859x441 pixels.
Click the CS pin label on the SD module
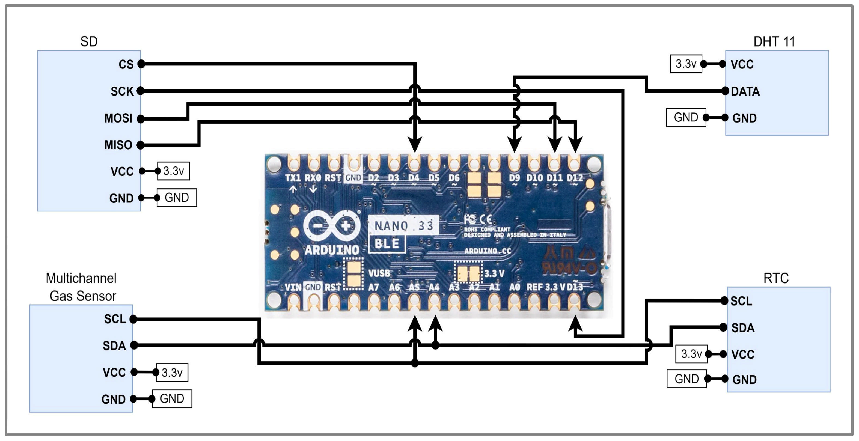pyautogui.click(x=126, y=64)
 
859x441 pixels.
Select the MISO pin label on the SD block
pyautogui.click(x=118, y=145)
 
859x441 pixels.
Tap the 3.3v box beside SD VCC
pyautogui.click(x=173, y=171)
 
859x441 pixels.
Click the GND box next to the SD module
pyautogui.click(x=177, y=198)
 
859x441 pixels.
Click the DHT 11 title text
pyautogui.click(x=774, y=42)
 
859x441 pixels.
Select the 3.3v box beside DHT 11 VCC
pyautogui.click(x=686, y=64)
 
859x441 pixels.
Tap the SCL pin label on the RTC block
pyautogui.click(x=741, y=301)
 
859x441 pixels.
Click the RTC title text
pyautogui.click(x=776, y=278)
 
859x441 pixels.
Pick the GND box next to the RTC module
pyautogui.click(x=686, y=379)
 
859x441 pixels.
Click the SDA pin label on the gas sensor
pyautogui.click(x=114, y=346)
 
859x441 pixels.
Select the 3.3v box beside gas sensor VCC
pyautogui.click(x=172, y=372)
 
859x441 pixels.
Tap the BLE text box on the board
pyautogui.click(x=387, y=244)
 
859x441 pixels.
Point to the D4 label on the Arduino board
pyautogui.click(x=414, y=178)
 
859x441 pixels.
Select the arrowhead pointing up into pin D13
pyautogui.click(x=575, y=323)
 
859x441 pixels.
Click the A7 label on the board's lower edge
pyautogui.click(x=373, y=287)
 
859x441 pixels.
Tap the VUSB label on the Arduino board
pyautogui.click(x=379, y=273)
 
